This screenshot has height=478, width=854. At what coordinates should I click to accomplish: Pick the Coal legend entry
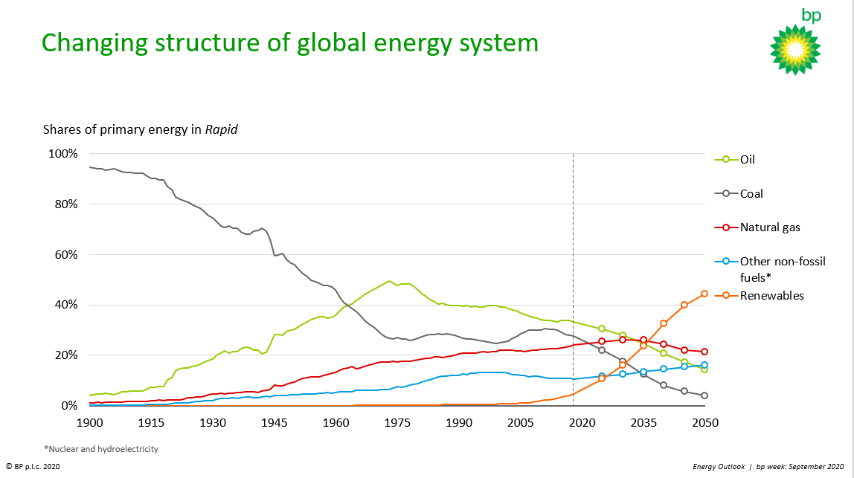click(751, 193)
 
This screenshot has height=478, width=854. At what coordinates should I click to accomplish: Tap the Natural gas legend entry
click(770, 227)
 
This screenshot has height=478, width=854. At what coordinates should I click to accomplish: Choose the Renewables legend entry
click(771, 296)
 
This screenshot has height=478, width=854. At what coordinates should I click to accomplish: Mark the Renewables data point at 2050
click(704, 294)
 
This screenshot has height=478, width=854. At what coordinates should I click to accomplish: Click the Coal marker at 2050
click(704, 395)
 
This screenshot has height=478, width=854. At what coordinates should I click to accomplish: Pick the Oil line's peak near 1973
click(389, 281)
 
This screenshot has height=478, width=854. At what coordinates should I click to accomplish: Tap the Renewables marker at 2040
click(664, 323)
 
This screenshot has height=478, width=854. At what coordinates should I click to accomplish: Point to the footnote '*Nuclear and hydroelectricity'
click(101, 449)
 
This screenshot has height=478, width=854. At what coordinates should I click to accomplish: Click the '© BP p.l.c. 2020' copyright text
click(33, 466)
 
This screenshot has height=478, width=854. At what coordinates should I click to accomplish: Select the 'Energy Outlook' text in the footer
click(719, 466)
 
